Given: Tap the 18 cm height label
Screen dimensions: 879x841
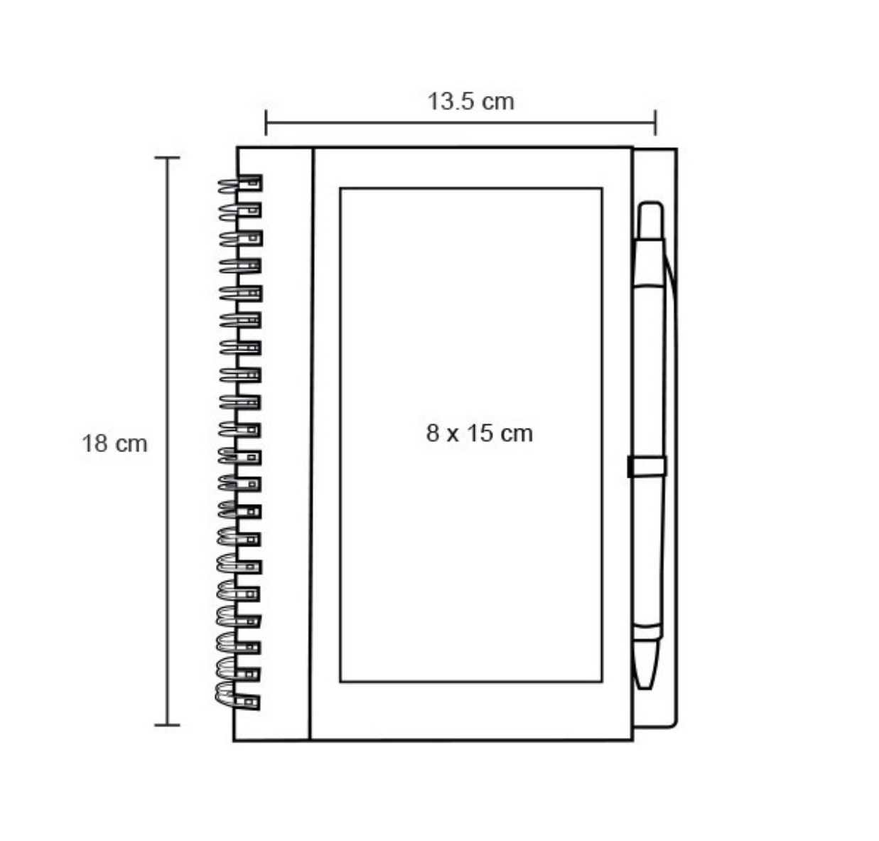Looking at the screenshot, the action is pos(114,444).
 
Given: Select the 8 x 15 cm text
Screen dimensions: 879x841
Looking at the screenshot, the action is pos(479,433).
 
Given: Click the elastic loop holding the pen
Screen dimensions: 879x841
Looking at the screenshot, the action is pos(647,466).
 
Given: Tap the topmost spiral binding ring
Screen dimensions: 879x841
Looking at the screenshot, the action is pos(240,184).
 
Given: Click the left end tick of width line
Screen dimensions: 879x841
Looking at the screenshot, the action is pos(266,122).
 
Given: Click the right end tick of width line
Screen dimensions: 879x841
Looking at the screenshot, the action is pos(655,122).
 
